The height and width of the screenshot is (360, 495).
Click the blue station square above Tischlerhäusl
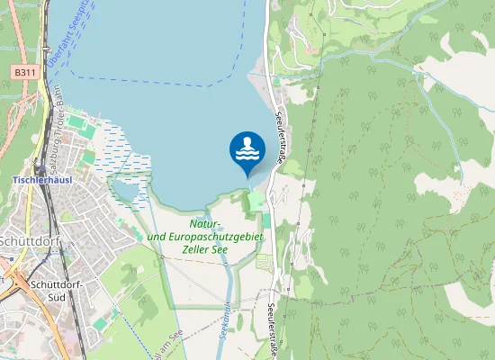click(x=40, y=168)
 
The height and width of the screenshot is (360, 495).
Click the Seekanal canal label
click(x=226, y=319)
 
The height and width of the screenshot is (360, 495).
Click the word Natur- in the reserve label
click(x=206, y=223)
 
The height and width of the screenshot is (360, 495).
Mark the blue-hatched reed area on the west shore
click(x=108, y=148)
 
